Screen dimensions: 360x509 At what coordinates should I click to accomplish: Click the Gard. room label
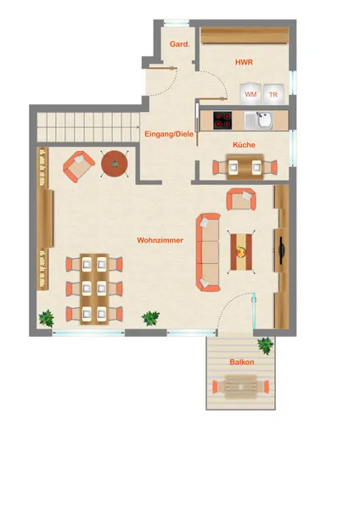click(179, 44)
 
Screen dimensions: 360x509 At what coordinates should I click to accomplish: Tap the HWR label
click(244, 62)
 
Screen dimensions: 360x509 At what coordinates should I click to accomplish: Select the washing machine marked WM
click(250, 94)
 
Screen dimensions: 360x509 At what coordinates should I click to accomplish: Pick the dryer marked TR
click(273, 94)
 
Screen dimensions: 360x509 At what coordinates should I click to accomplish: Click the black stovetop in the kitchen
click(222, 120)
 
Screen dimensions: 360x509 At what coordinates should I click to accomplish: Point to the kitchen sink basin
click(264, 120)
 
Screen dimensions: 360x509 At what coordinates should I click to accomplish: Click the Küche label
click(244, 145)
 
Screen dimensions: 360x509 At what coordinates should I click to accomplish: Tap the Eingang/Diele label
click(169, 134)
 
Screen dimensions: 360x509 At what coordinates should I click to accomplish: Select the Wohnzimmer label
click(160, 240)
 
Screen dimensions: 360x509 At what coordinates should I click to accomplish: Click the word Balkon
click(242, 362)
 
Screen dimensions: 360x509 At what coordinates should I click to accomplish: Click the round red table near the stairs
click(115, 164)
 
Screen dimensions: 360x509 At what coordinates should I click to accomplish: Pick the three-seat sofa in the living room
click(208, 252)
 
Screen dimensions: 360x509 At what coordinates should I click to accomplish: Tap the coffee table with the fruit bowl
click(241, 252)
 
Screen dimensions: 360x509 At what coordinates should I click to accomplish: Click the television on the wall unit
click(281, 250)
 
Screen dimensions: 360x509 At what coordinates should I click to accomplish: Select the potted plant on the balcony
click(266, 345)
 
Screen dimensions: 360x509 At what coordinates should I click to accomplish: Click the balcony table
click(241, 387)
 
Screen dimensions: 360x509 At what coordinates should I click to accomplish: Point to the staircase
click(88, 127)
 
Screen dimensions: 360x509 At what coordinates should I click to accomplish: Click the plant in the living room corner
click(47, 318)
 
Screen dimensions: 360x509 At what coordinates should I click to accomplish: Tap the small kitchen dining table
click(245, 167)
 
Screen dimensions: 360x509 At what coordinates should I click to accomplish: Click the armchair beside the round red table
click(79, 166)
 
